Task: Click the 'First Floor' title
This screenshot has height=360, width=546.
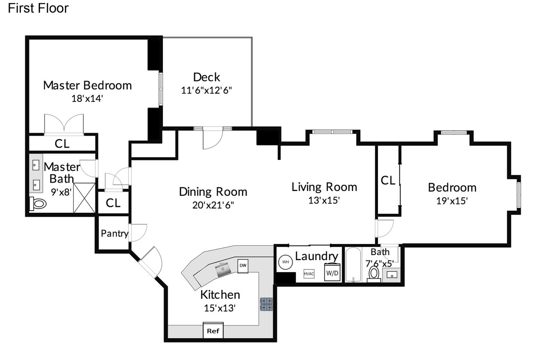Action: (x=38, y=8)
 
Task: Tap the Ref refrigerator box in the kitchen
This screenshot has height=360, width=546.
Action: (x=213, y=331)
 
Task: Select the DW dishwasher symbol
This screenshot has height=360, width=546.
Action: (x=243, y=266)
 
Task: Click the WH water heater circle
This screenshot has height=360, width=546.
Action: (x=285, y=262)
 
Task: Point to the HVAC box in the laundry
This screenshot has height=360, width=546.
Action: (x=309, y=273)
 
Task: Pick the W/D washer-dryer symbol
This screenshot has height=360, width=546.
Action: (x=332, y=272)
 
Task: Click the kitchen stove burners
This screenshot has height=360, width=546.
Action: (x=266, y=304)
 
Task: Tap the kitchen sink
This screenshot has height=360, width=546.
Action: (x=223, y=270)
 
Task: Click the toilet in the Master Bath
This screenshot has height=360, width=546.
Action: (x=38, y=203)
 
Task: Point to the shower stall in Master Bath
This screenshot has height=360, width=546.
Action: (x=84, y=197)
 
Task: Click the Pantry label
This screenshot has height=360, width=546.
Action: (x=115, y=233)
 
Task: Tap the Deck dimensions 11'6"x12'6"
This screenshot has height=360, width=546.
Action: (x=206, y=90)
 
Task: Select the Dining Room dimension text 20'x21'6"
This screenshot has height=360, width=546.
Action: (x=213, y=205)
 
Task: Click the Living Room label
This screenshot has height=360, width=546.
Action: (x=324, y=187)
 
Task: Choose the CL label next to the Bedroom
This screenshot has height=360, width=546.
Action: (x=388, y=180)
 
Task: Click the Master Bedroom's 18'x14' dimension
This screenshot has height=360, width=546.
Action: (x=87, y=99)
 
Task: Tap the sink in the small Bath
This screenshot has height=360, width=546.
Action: (x=392, y=275)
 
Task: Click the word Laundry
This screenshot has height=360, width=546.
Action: (x=317, y=256)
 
